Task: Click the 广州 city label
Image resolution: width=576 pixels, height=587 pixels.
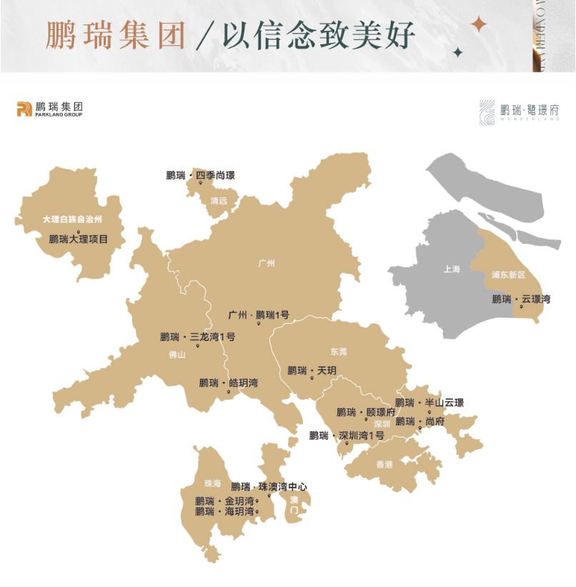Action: click(267, 264)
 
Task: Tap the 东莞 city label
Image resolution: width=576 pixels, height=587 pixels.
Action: click(339, 352)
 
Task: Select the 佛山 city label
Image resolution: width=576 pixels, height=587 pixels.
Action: click(177, 355)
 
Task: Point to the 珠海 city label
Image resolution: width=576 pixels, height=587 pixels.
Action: click(212, 483)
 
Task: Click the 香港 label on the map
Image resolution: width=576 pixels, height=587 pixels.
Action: click(384, 465)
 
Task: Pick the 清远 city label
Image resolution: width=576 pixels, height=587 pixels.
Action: click(219, 202)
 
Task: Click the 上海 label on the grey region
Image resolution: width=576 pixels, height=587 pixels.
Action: click(452, 270)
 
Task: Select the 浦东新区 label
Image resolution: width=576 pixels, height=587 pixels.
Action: click(508, 275)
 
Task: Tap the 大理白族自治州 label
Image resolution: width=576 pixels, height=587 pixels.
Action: click(72, 219)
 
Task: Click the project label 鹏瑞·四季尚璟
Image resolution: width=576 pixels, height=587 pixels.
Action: click(200, 175)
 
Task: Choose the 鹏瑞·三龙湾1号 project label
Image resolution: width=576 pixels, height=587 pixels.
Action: click(197, 337)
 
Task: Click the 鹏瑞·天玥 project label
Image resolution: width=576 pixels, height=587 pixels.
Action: click(312, 370)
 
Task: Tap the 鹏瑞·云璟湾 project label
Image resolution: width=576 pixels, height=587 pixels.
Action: click(521, 299)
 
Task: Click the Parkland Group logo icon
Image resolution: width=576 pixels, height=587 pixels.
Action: click(24, 109)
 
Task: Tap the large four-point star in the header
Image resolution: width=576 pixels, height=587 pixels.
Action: click(479, 25)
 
